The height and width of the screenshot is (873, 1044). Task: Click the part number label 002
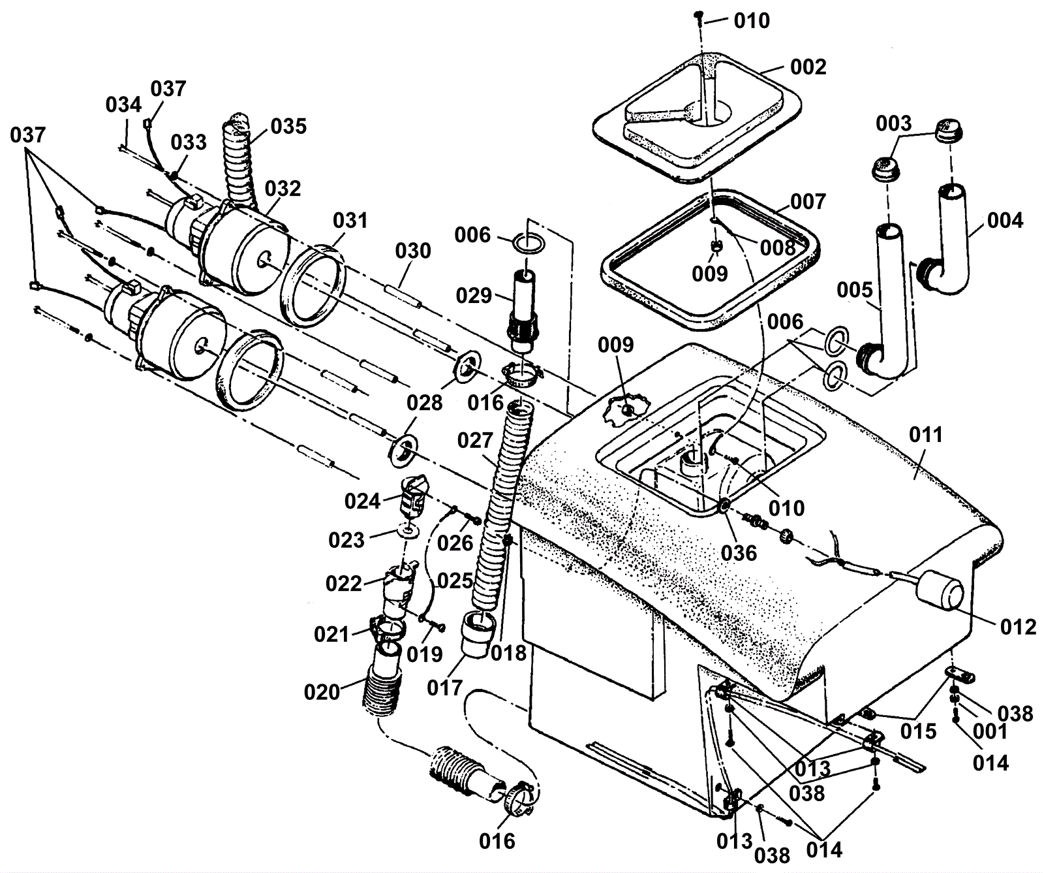(808, 67)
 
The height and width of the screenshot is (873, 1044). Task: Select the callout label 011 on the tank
(925, 434)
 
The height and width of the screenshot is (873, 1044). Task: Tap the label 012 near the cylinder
(1018, 627)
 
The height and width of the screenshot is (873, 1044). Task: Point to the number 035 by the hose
(288, 125)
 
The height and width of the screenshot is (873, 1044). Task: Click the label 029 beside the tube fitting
(474, 295)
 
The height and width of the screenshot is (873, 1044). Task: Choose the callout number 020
(322, 691)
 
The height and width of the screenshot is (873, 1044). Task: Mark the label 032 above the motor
(283, 188)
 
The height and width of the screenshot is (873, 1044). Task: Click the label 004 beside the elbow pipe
(1005, 220)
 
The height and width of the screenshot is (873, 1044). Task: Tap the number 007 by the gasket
(808, 201)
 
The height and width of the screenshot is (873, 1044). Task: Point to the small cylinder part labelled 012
(942, 592)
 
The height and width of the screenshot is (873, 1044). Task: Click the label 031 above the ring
(350, 220)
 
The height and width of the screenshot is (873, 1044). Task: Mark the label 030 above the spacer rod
(413, 251)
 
